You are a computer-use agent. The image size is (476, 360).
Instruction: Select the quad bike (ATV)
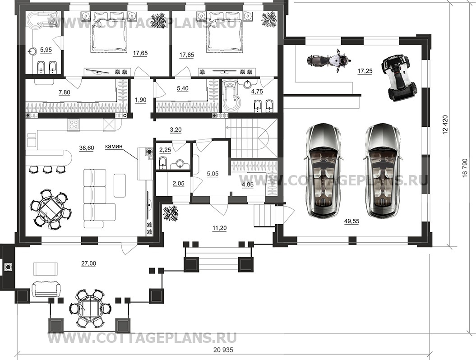pos(399,78)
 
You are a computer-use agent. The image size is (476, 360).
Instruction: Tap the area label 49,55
pos(351,222)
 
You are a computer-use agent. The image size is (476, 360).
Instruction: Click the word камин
pos(114,146)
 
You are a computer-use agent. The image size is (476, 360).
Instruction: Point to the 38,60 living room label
pos(87,148)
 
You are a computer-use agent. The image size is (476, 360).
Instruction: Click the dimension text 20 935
pos(223,350)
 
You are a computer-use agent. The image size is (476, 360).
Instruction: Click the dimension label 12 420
pos(445,125)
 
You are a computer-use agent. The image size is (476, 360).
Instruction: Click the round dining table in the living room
pos(51,209)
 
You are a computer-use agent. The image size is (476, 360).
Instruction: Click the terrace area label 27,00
pos(88,263)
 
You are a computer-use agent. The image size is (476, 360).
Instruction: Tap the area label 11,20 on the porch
pos(219,228)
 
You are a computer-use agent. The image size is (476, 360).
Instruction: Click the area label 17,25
pos(365,71)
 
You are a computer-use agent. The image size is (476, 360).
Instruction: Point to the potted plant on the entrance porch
pos(170,213)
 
